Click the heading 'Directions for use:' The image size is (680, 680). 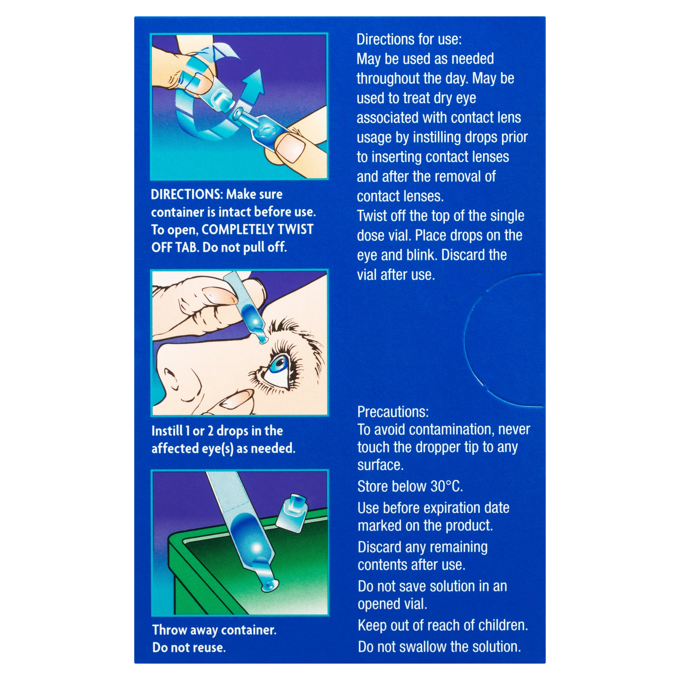[x=409, y=39]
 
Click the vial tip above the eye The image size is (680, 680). [x=262, y=339]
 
